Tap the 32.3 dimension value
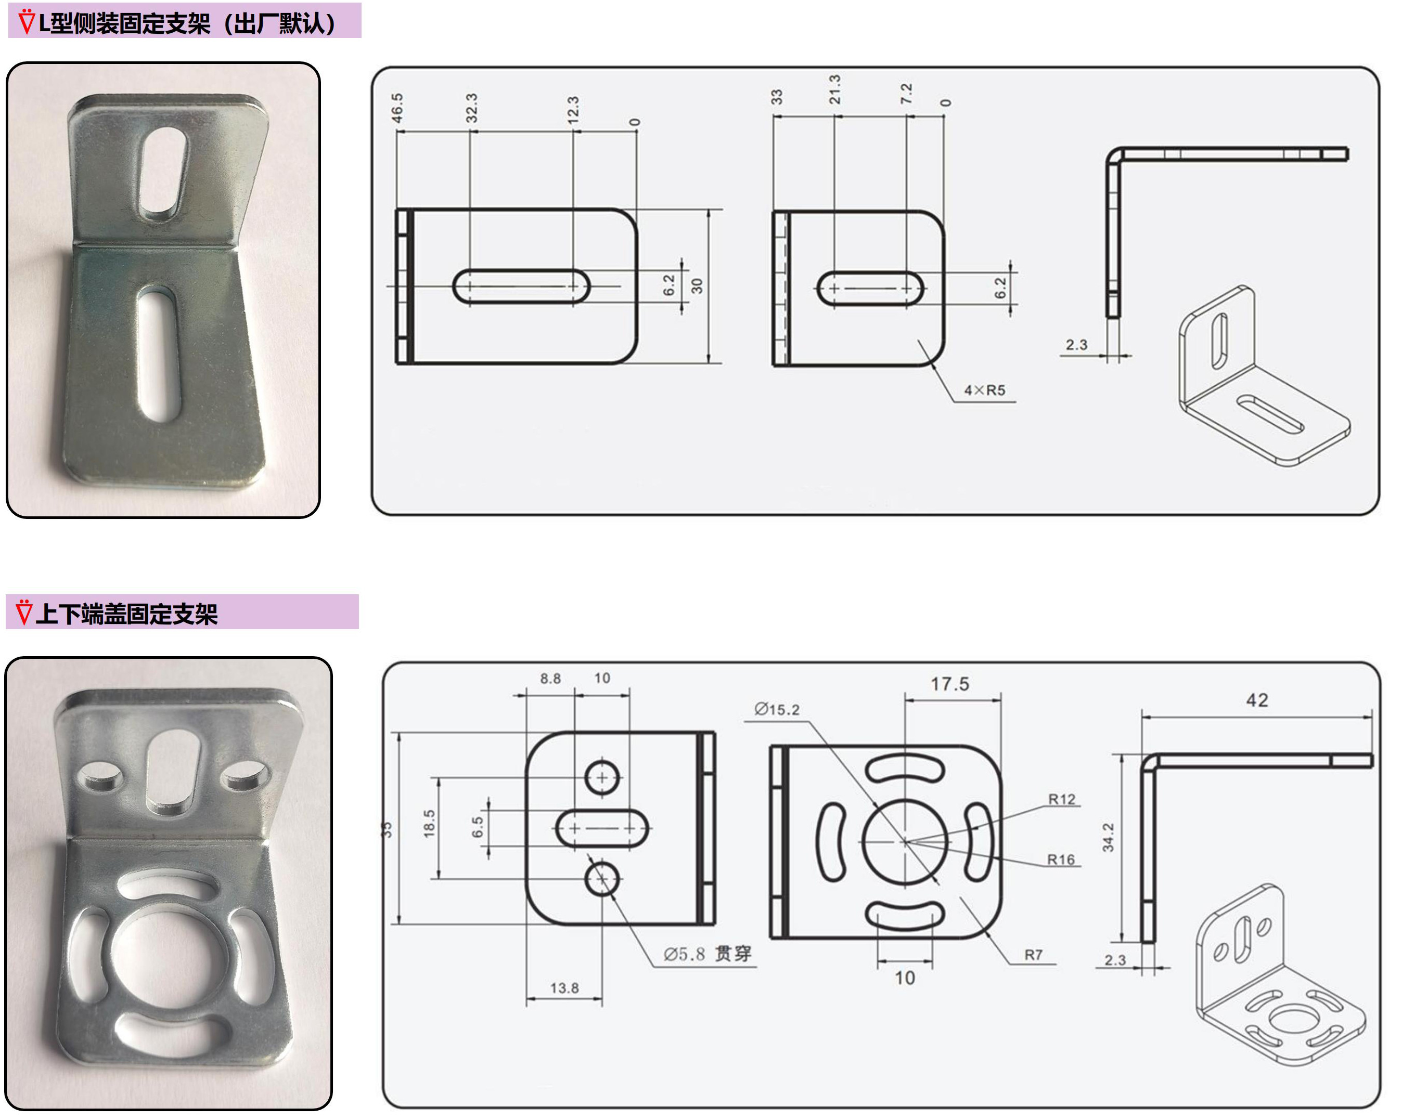tap(472, 108)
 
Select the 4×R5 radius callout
tap(984, 390)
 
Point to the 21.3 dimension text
tap(835, 90)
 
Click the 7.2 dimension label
tap(906, 94)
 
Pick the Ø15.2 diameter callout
tap(777, 709)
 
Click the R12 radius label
tap(1062, 799)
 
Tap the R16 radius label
tap(1061, 859)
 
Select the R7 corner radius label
tap(1033, 955)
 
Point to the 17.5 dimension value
tap(950, 684)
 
